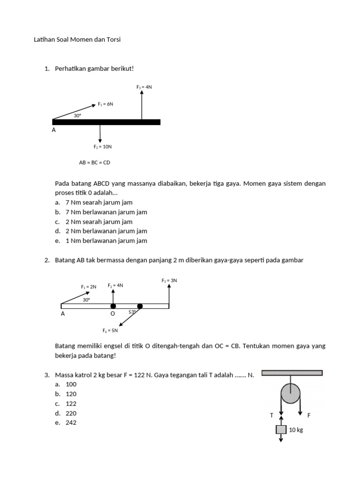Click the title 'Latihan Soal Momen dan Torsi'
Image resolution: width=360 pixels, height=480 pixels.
coord(77,40)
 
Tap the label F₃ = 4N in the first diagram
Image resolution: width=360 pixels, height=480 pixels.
coord(144,87)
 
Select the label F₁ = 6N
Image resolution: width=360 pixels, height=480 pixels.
coord(105,104)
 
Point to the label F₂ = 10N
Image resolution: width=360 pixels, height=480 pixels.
coord(102,147)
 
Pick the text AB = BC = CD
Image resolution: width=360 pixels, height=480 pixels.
coord(94,163)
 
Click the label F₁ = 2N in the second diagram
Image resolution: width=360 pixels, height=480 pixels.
coord(88,287)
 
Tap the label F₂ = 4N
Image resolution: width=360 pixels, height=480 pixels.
coord(115,285)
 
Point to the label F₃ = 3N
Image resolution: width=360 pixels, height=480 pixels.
coord(169,281)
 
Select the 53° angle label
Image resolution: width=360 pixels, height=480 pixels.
coord(133,312)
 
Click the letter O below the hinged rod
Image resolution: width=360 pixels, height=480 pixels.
coord(112,314)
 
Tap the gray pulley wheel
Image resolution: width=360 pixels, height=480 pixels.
coord(291,393)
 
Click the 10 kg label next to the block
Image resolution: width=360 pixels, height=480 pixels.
coord(296,430)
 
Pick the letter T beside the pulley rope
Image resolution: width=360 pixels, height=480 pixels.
coord(271,415)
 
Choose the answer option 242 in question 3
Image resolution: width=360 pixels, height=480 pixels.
coord(71,423)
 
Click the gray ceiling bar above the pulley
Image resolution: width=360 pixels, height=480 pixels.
coord(292,373)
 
